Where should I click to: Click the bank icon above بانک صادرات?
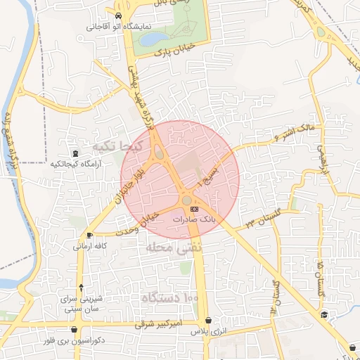[195, 209]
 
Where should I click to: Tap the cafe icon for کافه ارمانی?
[89, 235]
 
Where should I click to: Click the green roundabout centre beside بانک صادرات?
[186, 200]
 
